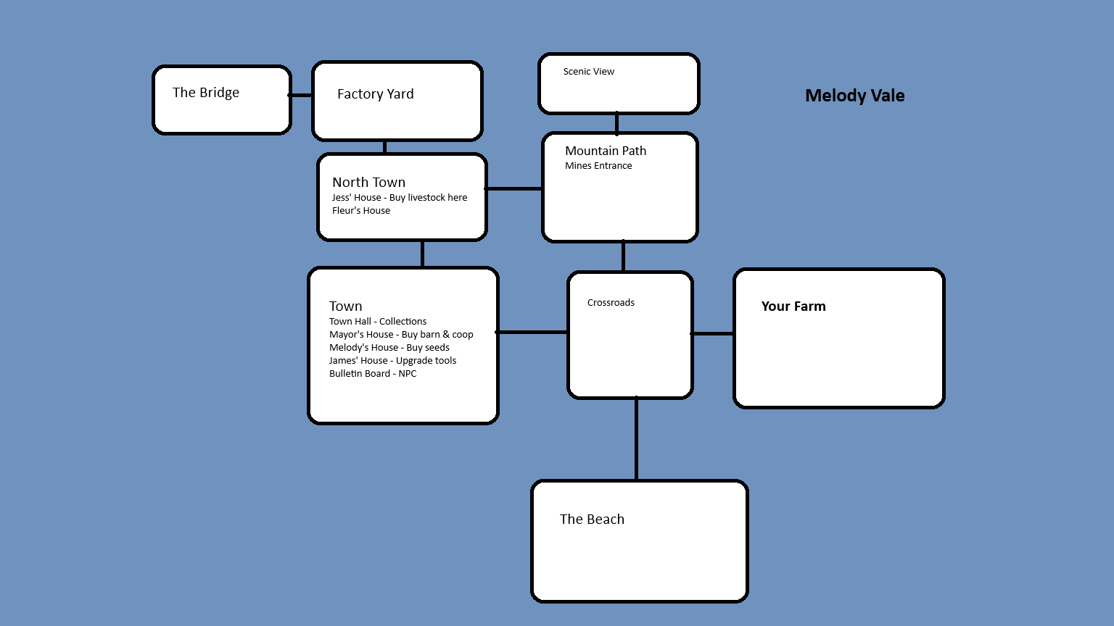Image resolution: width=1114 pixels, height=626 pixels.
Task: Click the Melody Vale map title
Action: tap(854, 96)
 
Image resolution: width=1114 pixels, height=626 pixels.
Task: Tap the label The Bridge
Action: tap(206, 93)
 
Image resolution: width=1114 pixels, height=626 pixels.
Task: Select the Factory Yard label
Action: tap(375, 94)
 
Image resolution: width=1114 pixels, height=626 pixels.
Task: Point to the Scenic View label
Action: tap(588, 72)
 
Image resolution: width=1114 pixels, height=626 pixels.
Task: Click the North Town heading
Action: tap(368, 183)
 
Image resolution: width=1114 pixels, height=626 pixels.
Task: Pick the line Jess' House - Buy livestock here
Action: tap(399, 198)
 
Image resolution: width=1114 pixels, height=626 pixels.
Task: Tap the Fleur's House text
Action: tap(360, 211)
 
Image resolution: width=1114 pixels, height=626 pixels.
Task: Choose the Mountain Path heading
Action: tap(606, 151)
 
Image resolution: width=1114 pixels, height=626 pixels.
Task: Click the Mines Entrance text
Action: tap(598, 166)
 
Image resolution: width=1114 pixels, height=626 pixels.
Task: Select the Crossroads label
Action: tap(611, 303)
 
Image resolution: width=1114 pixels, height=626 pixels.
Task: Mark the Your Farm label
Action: tap(793, 306)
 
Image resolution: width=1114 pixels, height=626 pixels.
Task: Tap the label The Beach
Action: tap(592, 519)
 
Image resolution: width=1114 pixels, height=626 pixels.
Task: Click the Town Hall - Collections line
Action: tap(378, 322)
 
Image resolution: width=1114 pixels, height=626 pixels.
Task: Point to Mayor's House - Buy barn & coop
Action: tap(401, 335)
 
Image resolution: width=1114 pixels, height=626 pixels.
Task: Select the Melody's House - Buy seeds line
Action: tap(389, 348)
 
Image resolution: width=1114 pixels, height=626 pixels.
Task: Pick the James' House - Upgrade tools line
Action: tap(392, 361)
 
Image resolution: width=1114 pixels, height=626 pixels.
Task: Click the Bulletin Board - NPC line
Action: tap(373, 374)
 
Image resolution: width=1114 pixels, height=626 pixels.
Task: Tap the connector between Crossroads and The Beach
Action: tap(636, 439)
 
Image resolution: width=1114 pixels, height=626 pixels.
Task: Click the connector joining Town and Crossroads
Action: tap(533, 333)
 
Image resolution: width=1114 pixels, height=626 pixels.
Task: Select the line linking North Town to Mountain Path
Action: tap(514, 189)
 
